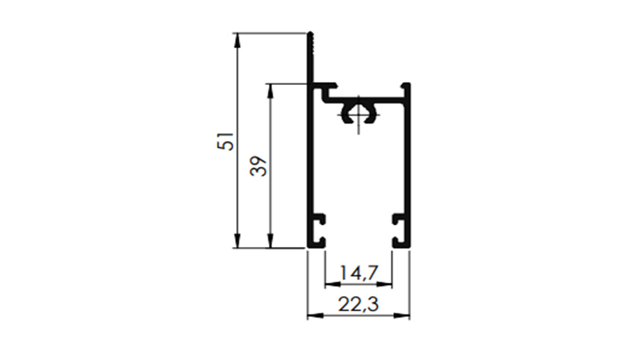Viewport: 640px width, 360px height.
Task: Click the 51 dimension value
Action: click(x=225, y=141)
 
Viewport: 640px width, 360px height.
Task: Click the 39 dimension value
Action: click(x=258, y=166)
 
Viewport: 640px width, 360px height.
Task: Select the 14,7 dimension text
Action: click(x=359, y=273)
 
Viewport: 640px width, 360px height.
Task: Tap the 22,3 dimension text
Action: click(x=358, y=304)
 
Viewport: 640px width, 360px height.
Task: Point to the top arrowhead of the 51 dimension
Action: click(x=237, y=40)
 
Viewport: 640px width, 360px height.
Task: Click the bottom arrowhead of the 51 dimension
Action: click(x=237, y=240)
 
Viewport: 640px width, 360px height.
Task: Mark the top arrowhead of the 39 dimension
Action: click(x=270, y=91)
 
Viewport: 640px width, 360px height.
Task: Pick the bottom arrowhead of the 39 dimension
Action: click(x=270, y=240)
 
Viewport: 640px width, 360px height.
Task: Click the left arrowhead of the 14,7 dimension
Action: click(x=333, y=284)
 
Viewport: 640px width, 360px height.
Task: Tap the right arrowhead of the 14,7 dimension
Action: click(x=384, y=284)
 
